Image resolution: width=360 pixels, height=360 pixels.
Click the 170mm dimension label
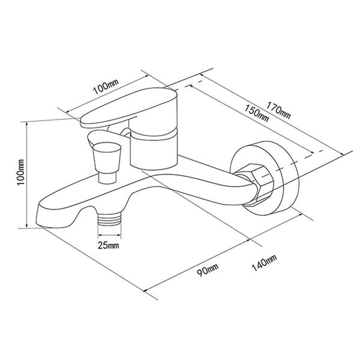[x=278, y=110]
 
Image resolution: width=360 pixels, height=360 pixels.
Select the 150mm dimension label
[x=256, y=113]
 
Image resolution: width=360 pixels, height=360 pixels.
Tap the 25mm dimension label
[x=109, y=245]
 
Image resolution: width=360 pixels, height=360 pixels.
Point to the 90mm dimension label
[x=208, y=270]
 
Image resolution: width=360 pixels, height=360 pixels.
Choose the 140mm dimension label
[x=264, y=263]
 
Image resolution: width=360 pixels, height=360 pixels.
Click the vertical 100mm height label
[x=21, y=172]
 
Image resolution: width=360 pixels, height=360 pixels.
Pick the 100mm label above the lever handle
[x=106, y=86]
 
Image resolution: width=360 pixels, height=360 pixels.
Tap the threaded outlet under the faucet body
[x=109, y=219]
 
